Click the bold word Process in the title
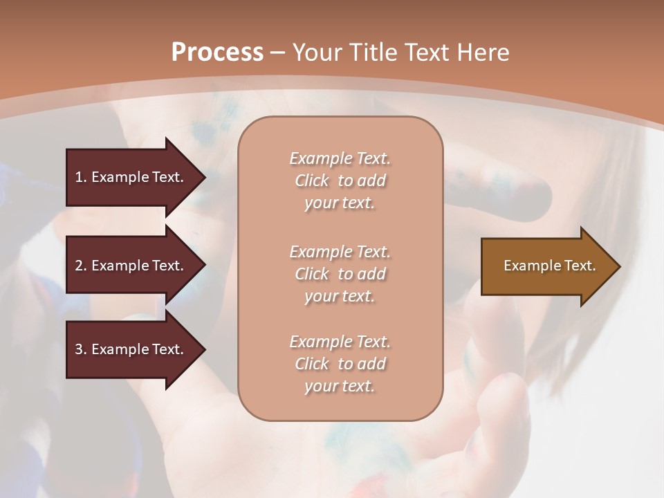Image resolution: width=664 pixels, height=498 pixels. [x=217, y=53]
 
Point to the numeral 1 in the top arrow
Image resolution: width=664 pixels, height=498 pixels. [x=78, y=177]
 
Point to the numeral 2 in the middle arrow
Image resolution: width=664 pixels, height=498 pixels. [x=79, y=266]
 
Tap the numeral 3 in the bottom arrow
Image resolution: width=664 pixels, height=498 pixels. [x=79, y=349]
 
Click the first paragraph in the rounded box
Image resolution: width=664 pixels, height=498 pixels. [x=340, y=181]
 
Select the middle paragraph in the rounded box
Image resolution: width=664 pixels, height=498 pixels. [x=340, y=274]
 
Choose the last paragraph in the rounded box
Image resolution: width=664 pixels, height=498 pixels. [x=340, y=364]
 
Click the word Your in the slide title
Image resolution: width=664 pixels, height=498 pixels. [x=317, y=53]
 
